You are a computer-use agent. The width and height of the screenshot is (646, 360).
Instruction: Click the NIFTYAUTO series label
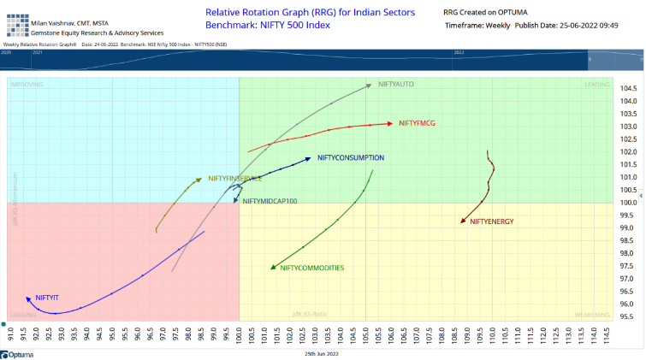tap(396, 84)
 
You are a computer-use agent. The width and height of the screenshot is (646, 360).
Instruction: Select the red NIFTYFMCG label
tap(417, 123)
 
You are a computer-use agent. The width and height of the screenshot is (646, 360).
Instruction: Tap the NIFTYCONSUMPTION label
tap(351, 157)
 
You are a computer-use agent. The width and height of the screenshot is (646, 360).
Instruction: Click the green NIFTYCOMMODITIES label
tap(312, 268)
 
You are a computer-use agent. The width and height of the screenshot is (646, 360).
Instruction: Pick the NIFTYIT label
tap(47, 297)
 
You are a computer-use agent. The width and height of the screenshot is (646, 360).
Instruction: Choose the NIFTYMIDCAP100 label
tap(270, 201)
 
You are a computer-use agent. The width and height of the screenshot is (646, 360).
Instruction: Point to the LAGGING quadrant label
tap(23, 315)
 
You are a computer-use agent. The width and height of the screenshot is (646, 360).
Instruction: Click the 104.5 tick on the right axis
tap(630, 88)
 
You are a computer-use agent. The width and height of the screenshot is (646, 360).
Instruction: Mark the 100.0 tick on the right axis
tap(630, 203)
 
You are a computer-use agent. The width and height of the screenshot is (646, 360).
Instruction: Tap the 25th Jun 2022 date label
tap(322, 351)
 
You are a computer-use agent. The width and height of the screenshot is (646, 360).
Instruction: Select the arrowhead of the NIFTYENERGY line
tap(462, 222)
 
